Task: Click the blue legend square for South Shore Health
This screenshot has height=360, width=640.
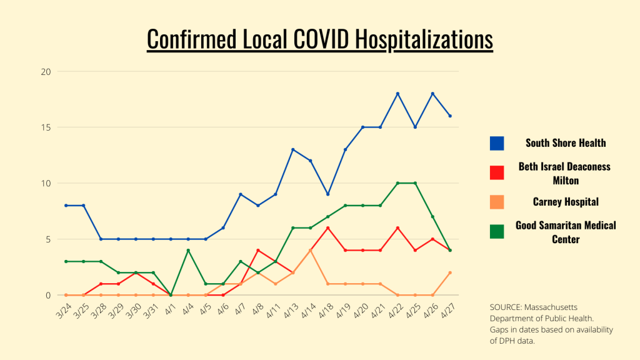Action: pos(497,143)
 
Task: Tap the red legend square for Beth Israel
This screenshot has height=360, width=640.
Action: pos(497,172)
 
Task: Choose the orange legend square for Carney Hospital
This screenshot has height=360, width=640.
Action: pos(497,202)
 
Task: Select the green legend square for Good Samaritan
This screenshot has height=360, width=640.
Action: pos(497,231)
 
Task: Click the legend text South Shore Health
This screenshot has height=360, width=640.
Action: pos(566,143)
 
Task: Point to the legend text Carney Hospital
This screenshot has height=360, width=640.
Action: pos(566,202)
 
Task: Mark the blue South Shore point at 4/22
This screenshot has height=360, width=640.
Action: pos(397,94)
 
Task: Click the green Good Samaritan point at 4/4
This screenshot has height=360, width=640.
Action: pos(188,250)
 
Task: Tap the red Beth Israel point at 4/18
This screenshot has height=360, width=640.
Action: pos(327,227)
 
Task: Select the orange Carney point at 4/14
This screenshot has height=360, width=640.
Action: pos(310,250)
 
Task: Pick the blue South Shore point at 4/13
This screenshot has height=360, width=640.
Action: pos(292,149)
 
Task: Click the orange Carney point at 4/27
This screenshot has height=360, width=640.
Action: pos(450,272)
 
